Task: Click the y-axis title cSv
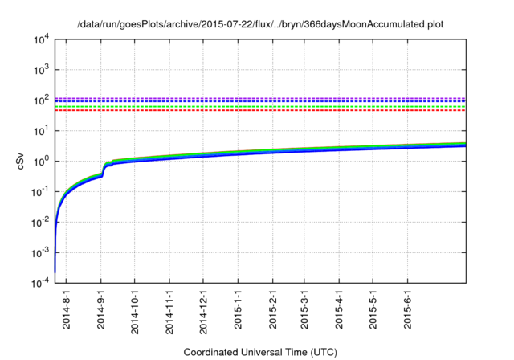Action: [22, 161]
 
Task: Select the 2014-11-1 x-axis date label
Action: [169, 309]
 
